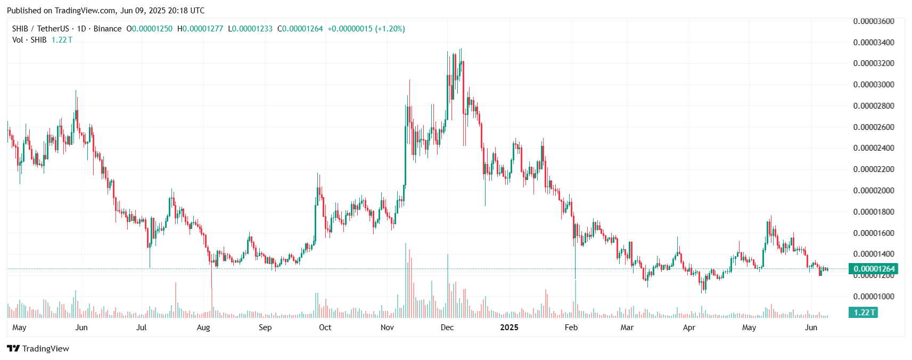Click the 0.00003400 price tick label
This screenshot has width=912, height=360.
click(874, 42)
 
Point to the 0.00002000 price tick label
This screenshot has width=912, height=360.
click(874, 191)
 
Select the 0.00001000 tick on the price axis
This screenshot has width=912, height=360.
click(874, 297)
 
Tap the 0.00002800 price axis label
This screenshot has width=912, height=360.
click(874, 106)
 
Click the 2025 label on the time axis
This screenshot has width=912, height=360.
click(509, 328)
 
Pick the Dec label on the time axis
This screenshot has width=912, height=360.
click(447, 328)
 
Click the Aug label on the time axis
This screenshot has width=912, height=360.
click(203, 328)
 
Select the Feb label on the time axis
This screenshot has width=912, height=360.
click(571, 328)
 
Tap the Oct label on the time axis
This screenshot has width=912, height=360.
click(325, 328)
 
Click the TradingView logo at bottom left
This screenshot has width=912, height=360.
click(38, 349)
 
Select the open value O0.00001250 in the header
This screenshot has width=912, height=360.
click(150, 29)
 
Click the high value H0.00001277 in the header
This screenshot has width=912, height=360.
click(200, 29)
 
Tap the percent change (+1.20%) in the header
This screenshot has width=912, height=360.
click(390, 29)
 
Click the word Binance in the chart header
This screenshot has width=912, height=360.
click(108, 29)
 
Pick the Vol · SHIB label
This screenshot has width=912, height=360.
click(29, 40)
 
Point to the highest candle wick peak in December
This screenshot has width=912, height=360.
click(461, 49)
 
